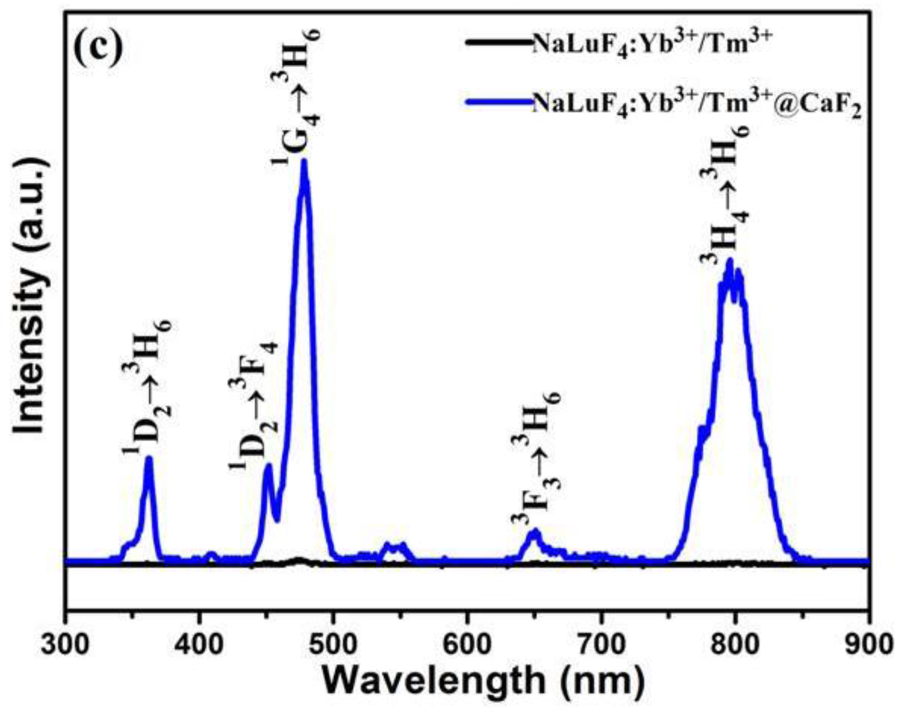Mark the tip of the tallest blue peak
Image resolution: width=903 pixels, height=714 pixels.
click(304, 161)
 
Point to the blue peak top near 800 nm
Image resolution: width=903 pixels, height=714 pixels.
click(729, 261)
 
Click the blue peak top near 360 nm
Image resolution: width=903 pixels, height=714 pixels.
click(149, 458)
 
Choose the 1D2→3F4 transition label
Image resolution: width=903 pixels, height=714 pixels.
click(255, 404)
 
